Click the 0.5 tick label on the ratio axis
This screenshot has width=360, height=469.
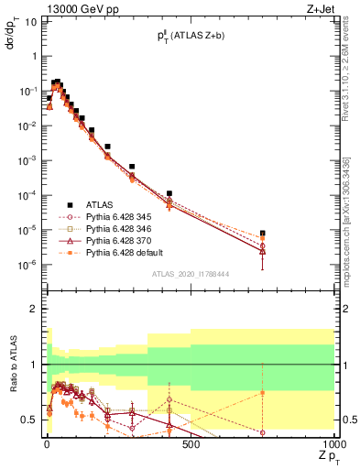click(x=28, y=420)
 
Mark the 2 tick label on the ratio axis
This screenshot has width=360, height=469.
click(x=32, y=309)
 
